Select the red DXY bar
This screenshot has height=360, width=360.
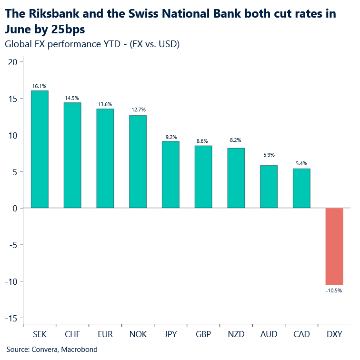point(334,247)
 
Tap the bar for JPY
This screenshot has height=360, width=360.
point(170,175)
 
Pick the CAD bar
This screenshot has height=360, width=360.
point(301,189)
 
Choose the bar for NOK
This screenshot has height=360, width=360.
point(138,162)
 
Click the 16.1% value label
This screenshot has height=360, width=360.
point(40,86)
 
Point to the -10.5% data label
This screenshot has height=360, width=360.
point(334,290)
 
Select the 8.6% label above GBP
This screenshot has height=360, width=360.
point(203,141)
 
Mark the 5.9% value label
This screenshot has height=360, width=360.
point(269,155)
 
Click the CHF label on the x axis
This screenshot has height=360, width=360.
point(72,335)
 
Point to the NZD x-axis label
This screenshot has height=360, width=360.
point(236,335)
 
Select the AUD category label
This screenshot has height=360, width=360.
point(269,335)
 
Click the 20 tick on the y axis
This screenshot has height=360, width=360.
point(12,62)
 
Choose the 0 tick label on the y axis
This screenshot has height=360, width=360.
point(15,209)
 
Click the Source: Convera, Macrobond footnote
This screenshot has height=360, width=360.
point(52,350)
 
